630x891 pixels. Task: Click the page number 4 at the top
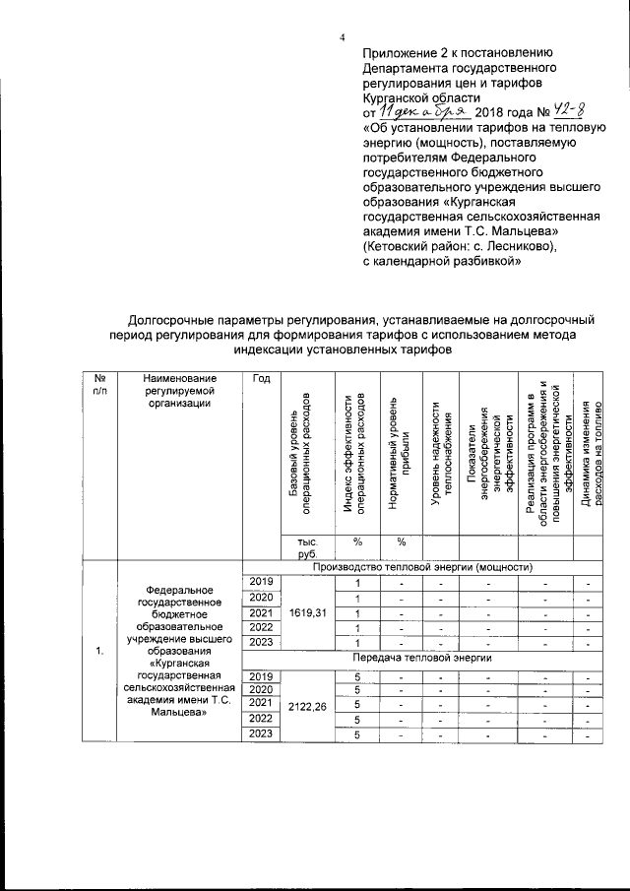[x=342, y=37]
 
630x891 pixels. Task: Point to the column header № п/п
[x=98, y=385]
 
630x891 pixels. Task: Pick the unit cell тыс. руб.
[x=295, y=547]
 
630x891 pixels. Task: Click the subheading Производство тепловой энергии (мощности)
[x=422, y=567]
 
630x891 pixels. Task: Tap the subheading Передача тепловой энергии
[x=422, y=656]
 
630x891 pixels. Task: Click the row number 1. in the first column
[x=98, y=651]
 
